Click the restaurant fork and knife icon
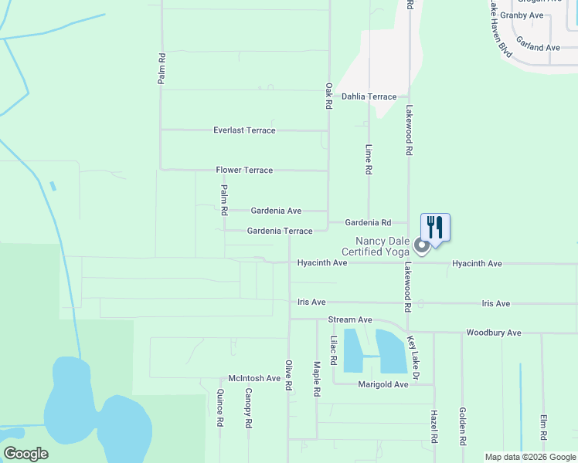pyautogui.click(x=435, y=228)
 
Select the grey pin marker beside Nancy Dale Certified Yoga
pyautogui.click(x=421, y=247)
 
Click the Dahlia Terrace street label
pyautogui.click(x=369, y=97)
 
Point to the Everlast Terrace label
pyautogui.click(x=244, y=130)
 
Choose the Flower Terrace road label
pyautogui.click(x=244, y=170)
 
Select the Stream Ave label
pyautogui.click(x=350, y=319)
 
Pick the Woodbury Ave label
pyautogui.click(x=494, y=333)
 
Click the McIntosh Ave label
pyautogui.click(x=254, y=378)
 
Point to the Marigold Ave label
pyautogui.click(x=383, y=384)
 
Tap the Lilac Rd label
pyautogui.click(x=334, y=350)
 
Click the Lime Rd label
pyautogui.click(x=369, y=159)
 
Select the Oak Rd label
pyautogui.click(x=329, y=96)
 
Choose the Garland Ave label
pyautogui.click(x=538, y=47)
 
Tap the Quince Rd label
pyautogui.click(x=220, y=407)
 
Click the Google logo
pyautogui.click(x=25, y=454)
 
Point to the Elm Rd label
pyautogui.click(x=544, y=429)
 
